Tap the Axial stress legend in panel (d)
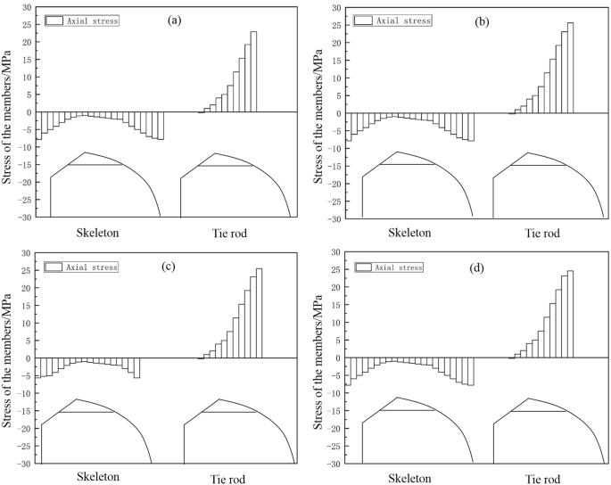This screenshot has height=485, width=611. pos(389,267)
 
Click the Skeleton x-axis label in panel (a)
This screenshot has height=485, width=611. pos(97,233)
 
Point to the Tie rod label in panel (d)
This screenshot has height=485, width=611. pos(541,477)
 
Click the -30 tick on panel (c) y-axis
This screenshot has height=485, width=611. pos(23,464)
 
